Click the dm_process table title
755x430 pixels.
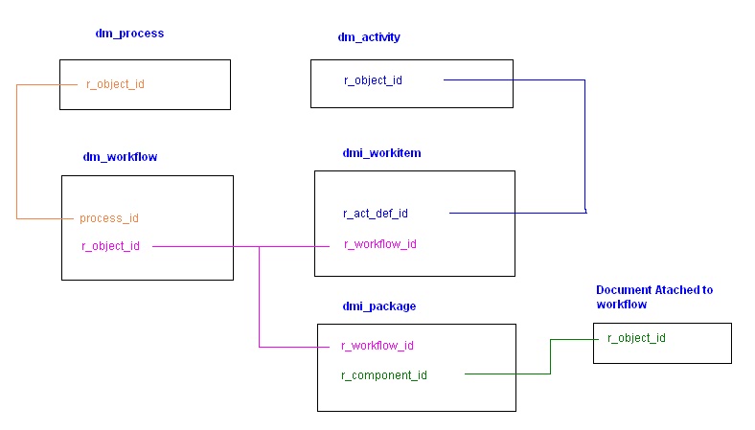pos(129,34)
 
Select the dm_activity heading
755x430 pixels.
pos(369,37)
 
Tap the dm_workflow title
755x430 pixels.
pos(121,156)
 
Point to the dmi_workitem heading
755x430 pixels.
pos(381,152)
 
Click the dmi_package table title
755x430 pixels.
pos(379,306)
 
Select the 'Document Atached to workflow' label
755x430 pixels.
pos(654,296)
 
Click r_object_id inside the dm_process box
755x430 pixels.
pos(115,84)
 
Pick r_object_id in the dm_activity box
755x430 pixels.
pos(373,80)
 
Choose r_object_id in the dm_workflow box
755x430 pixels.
pos(111,246)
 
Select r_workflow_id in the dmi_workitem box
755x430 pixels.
pos(379,244)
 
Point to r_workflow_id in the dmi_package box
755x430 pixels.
pos(377,346)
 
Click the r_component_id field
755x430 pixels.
pos(384,374)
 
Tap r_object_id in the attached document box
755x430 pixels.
pos(636,338)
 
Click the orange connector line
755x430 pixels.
pos(17,153)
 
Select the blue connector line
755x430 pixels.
pos(585,144)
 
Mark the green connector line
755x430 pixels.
pos(550,356)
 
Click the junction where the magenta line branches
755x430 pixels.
pos(260,247)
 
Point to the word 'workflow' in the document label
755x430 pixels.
pos(621,304)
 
